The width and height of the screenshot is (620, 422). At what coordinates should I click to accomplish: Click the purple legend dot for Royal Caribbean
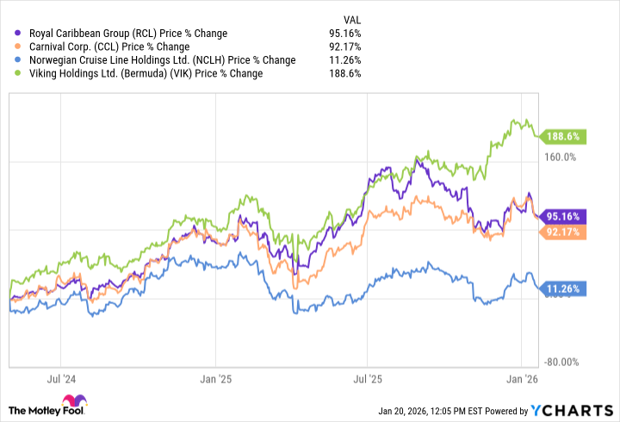pyautogui.click(x=18, y=34)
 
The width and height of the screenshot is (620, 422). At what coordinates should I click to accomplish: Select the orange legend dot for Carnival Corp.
pyautogui.click(x=18, y=47)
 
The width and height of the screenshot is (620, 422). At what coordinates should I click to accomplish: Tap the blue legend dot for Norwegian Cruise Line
pyautogui.click(x=18, y=60)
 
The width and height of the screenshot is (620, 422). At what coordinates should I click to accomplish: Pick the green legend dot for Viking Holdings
pyautogui.click(x=18, y=73)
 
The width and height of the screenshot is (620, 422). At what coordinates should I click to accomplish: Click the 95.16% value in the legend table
pyautogui.click(x=344, y=34)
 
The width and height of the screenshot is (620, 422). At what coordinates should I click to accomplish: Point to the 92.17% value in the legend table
pyautogui.click(x=344, y=47)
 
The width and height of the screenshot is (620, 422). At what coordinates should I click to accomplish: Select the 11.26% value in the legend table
pyautogui.click(x=344, y=60)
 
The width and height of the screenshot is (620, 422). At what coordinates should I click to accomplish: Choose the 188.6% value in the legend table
pyautogui.click(x=346, y=73)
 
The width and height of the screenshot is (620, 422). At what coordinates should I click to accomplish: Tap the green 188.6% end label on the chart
pyautogui.click(x=564, y=136)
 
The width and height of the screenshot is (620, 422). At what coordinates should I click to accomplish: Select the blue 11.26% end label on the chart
pyautogui.click(x=564, y=289)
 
